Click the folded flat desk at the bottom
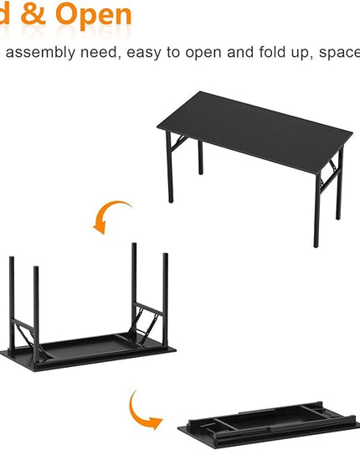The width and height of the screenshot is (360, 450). [268, 427]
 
